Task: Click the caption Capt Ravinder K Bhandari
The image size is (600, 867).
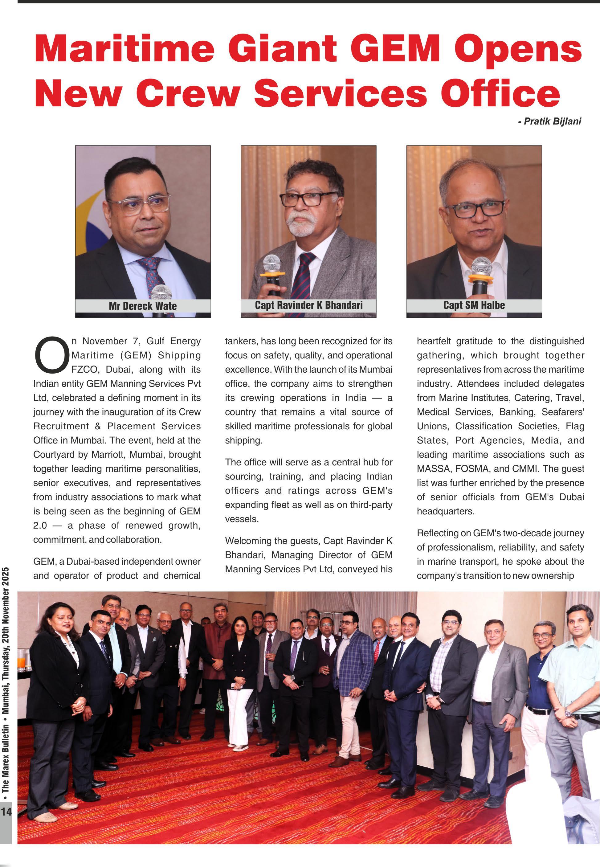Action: (x=309, y=305)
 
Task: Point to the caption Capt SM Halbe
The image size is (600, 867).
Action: (x=474, y=305)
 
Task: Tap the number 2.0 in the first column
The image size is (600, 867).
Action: (x=40, y=525)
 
